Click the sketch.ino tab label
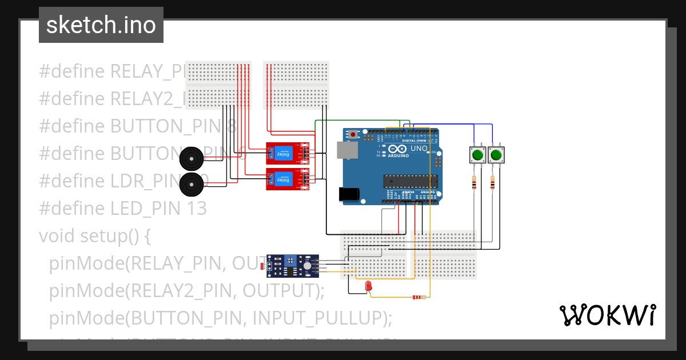point(101,25)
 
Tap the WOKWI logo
point(607,315)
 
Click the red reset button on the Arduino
point(354,135)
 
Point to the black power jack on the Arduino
point(349,194)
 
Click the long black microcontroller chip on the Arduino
point(410,181)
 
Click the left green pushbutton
point(477,154)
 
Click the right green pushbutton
point(496,154)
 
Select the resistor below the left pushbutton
point(474,183)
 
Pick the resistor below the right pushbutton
point(493,183)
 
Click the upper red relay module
point(287,153)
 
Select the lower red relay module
point(287,179)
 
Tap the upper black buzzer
point(191,158)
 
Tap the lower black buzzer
point(191,183)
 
